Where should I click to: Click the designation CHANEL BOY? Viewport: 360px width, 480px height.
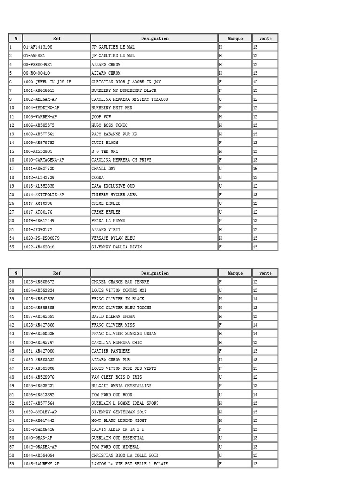tap(104, 169)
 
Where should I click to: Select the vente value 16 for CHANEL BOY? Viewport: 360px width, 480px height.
tap(255, 169)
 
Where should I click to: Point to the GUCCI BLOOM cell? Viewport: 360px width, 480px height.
tap(105, 142)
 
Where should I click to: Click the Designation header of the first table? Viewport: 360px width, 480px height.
tap(155, 38)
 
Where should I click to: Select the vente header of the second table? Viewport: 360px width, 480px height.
tap(265, 273)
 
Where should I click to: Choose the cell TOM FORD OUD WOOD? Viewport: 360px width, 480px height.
tap(112, 395)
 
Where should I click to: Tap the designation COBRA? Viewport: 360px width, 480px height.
tap(98, 178)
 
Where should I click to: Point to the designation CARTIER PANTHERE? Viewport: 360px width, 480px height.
tap(111, 351)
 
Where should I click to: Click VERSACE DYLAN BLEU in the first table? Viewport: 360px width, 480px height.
tap(113, 238)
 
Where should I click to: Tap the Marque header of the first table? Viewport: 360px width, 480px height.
tap(235, 38)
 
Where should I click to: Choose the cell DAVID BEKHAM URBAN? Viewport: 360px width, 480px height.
tap(113, 316)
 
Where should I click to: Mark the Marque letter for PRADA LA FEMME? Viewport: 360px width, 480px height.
tap(220, 221)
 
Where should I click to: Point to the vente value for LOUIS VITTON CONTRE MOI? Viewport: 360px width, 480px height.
tap(255, 291)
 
